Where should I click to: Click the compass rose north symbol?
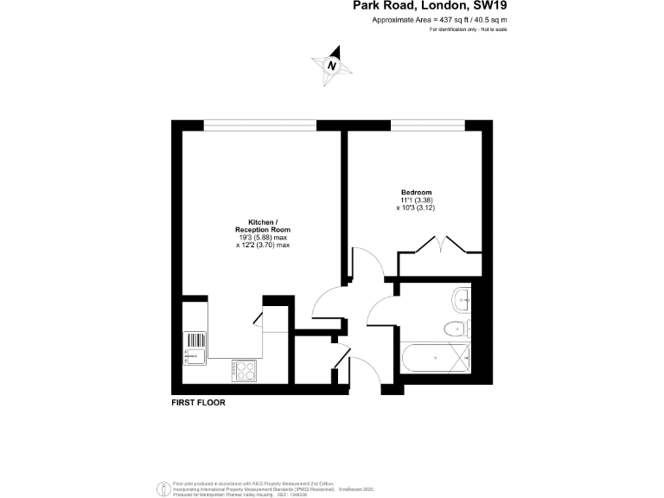[x=332, y=66]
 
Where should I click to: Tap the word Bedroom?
[x=416, y=192]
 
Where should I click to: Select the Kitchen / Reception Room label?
[x=262, y=225]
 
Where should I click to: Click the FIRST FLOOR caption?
[x=198, y=402]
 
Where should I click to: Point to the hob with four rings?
[x=243, y=370]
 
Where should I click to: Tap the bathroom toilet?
[x=452, y=329]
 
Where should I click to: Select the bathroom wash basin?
[x=461, y=299]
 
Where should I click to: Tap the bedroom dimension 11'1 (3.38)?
[x=416, y=200]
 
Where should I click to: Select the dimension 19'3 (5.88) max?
[x=262, y=237]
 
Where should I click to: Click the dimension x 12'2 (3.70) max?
[x=262, y=246]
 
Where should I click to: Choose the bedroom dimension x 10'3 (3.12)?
[x=416, y=208]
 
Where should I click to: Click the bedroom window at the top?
[x=428, y=127]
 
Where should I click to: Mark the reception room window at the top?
[x=259, y=127]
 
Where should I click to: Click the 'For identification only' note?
[x=468, y=30]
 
